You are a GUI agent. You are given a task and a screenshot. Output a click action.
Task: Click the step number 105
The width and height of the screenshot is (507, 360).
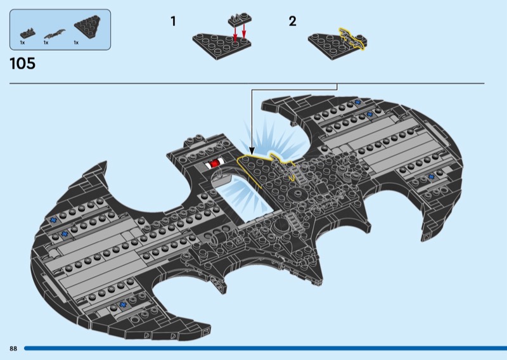pos(23,63)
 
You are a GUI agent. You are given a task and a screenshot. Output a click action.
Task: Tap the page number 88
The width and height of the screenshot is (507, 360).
pos(13,349)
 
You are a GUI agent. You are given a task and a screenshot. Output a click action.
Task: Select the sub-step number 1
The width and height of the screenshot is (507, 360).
pos(173,22)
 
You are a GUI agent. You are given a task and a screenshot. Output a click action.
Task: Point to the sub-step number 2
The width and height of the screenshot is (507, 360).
pos(292,22)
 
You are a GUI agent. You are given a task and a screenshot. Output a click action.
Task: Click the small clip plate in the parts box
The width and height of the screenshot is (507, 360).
pos(27,34)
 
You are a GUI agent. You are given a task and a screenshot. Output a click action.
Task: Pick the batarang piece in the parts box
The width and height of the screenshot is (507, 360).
pos(55,34)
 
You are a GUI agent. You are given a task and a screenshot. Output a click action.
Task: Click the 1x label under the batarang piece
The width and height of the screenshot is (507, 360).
pos(46,42)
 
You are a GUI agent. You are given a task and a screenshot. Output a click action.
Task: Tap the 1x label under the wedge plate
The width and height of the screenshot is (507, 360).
pos(76,42)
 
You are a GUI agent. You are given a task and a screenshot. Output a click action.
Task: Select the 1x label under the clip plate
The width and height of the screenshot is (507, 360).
pos(22,42)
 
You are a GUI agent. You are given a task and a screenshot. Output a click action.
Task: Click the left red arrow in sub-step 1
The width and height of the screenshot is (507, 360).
pos(235,33)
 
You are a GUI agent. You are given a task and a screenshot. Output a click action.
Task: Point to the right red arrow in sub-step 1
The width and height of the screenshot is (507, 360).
pos(244,32)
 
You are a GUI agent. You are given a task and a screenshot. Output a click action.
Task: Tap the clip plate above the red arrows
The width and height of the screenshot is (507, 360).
pos(240,20)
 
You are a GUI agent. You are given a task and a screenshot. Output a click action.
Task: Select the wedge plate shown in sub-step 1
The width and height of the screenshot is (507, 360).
pos(221,45)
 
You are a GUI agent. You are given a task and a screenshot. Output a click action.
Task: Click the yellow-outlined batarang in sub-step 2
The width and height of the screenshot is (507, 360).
pos(352,39)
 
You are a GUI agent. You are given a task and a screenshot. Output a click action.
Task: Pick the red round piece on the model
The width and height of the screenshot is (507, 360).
pos(214,164)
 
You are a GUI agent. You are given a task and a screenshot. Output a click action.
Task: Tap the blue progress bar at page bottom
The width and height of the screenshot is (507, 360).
pos(266,349)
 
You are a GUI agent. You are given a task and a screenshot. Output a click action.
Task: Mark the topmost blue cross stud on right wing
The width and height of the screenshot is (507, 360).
pos(357,102)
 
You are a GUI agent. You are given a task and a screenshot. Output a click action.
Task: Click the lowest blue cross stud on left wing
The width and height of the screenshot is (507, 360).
pos(122,304)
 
